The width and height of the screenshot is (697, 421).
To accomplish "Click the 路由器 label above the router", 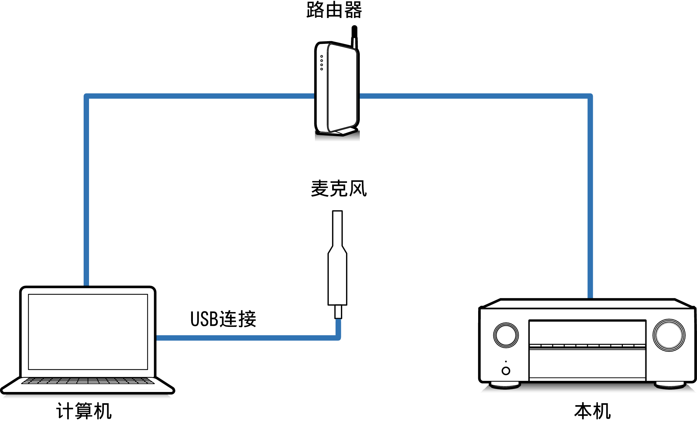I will point(334,10).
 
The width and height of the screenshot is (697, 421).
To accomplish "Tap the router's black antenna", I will point(354,36).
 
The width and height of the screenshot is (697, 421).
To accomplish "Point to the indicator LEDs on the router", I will point(322,63).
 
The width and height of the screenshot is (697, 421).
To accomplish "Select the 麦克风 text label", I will point(339,188).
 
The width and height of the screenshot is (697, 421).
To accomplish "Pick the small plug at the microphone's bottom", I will point(338,312).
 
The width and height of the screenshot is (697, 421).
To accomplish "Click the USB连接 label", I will point(223,319).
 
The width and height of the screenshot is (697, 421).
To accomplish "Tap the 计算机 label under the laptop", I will point(84,411).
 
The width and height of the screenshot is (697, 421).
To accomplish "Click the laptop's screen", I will point(88,332).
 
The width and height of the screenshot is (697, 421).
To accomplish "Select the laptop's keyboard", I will point(88,381).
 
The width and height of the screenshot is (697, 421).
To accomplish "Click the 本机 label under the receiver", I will point(592,411).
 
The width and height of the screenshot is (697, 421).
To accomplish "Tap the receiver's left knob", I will point(506,335).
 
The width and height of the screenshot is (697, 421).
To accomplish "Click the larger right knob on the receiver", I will point(669,335).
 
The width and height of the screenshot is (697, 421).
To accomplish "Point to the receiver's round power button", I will point(506,371).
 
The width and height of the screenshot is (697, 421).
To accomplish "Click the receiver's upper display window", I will point(587,332).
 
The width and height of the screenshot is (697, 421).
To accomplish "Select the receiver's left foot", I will point(505,385).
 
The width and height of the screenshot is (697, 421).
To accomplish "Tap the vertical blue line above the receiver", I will point(590,202).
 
